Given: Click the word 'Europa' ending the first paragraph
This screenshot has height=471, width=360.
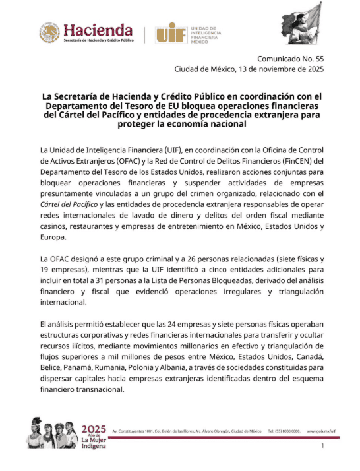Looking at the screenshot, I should tap(54, 238).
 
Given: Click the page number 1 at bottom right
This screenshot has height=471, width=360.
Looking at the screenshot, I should tap(322, 447).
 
